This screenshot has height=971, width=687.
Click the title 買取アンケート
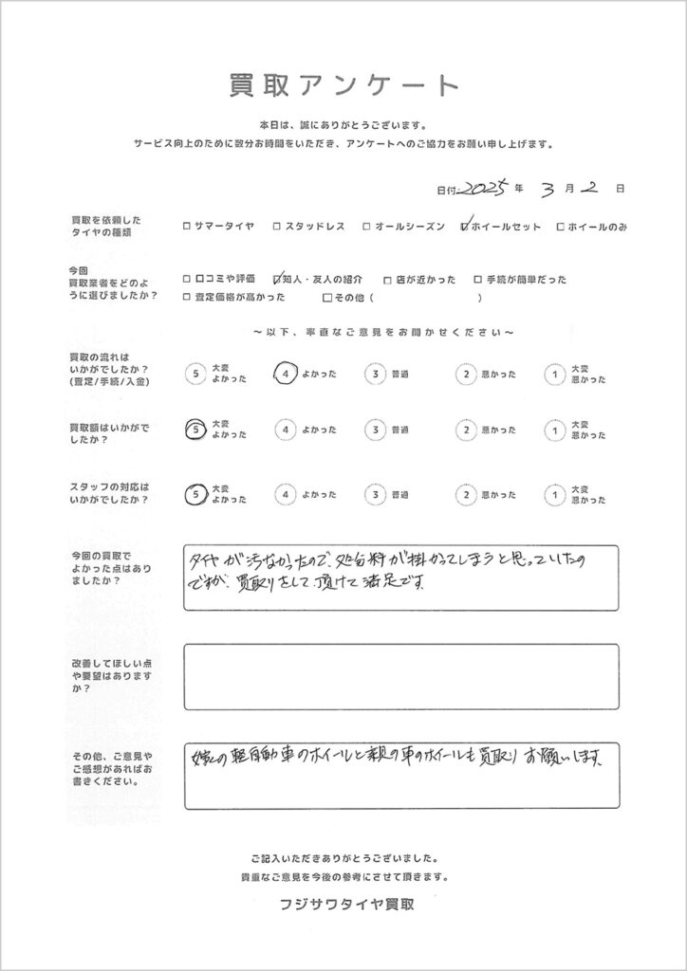[x=343, y=84]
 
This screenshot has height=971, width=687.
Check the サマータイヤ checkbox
[x=185, y=227]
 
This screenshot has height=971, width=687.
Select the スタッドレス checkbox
[x=276, y=227]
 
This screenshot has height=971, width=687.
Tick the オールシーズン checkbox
[x=366, y=227]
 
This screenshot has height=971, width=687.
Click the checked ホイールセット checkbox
[x=464, y=227]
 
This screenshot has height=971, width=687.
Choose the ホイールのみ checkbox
[x=561, y=227]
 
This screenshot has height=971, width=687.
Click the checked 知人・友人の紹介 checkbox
[x=277, y=280]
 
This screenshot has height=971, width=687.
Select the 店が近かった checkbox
[x=387, y=280]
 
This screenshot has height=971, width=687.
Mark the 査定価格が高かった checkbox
[x=185, y=298]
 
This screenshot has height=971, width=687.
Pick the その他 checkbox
[x=327, y=298]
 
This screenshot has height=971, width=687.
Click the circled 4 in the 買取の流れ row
[x=287, y=375]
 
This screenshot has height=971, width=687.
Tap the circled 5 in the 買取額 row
[x=195, y=430]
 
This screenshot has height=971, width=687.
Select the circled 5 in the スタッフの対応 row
[x=195, y=494]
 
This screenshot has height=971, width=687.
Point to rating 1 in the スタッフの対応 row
[x=552, y=494]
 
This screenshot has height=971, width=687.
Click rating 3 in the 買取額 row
[x=377, y=430]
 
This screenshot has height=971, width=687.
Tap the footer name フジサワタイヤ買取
[x=343, y=904]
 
